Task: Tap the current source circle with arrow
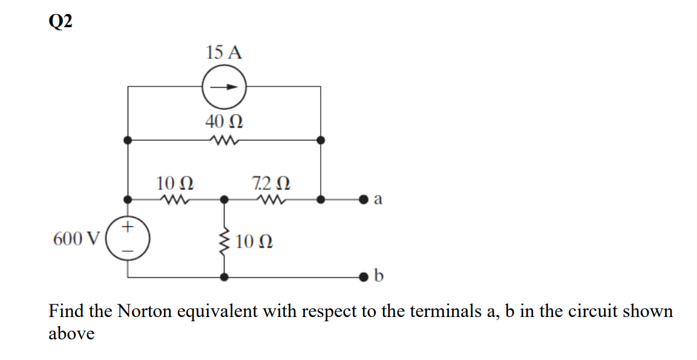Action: click(x=224, y=87)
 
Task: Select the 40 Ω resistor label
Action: click(x=224, y=122)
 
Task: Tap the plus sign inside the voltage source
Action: click(x=128, y=227)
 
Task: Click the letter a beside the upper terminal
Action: click(x=379, y=199)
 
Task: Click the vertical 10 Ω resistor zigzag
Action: click(x=224, y=242)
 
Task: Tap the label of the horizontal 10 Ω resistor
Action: click(x=175, y=182)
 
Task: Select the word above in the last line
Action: click(x=71, y=333)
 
